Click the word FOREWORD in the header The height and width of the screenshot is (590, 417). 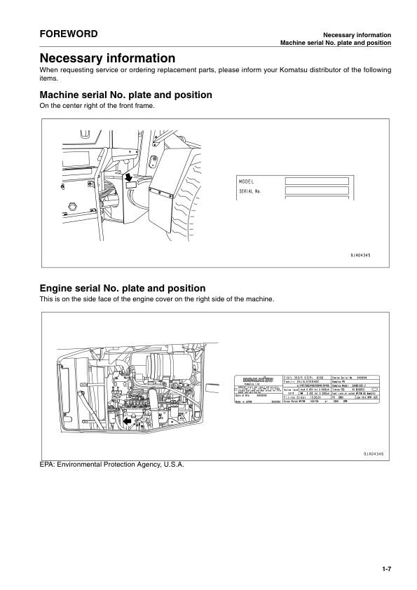click(68, 34)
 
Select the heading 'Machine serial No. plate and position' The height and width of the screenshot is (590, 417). click(126, 95)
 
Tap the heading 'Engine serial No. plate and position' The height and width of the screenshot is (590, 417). click(123, 288)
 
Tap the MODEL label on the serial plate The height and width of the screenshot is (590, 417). click(247, 181)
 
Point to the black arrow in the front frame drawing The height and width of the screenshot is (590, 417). click(128, 179)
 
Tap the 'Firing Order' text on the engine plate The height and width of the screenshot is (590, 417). click(295, 397)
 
